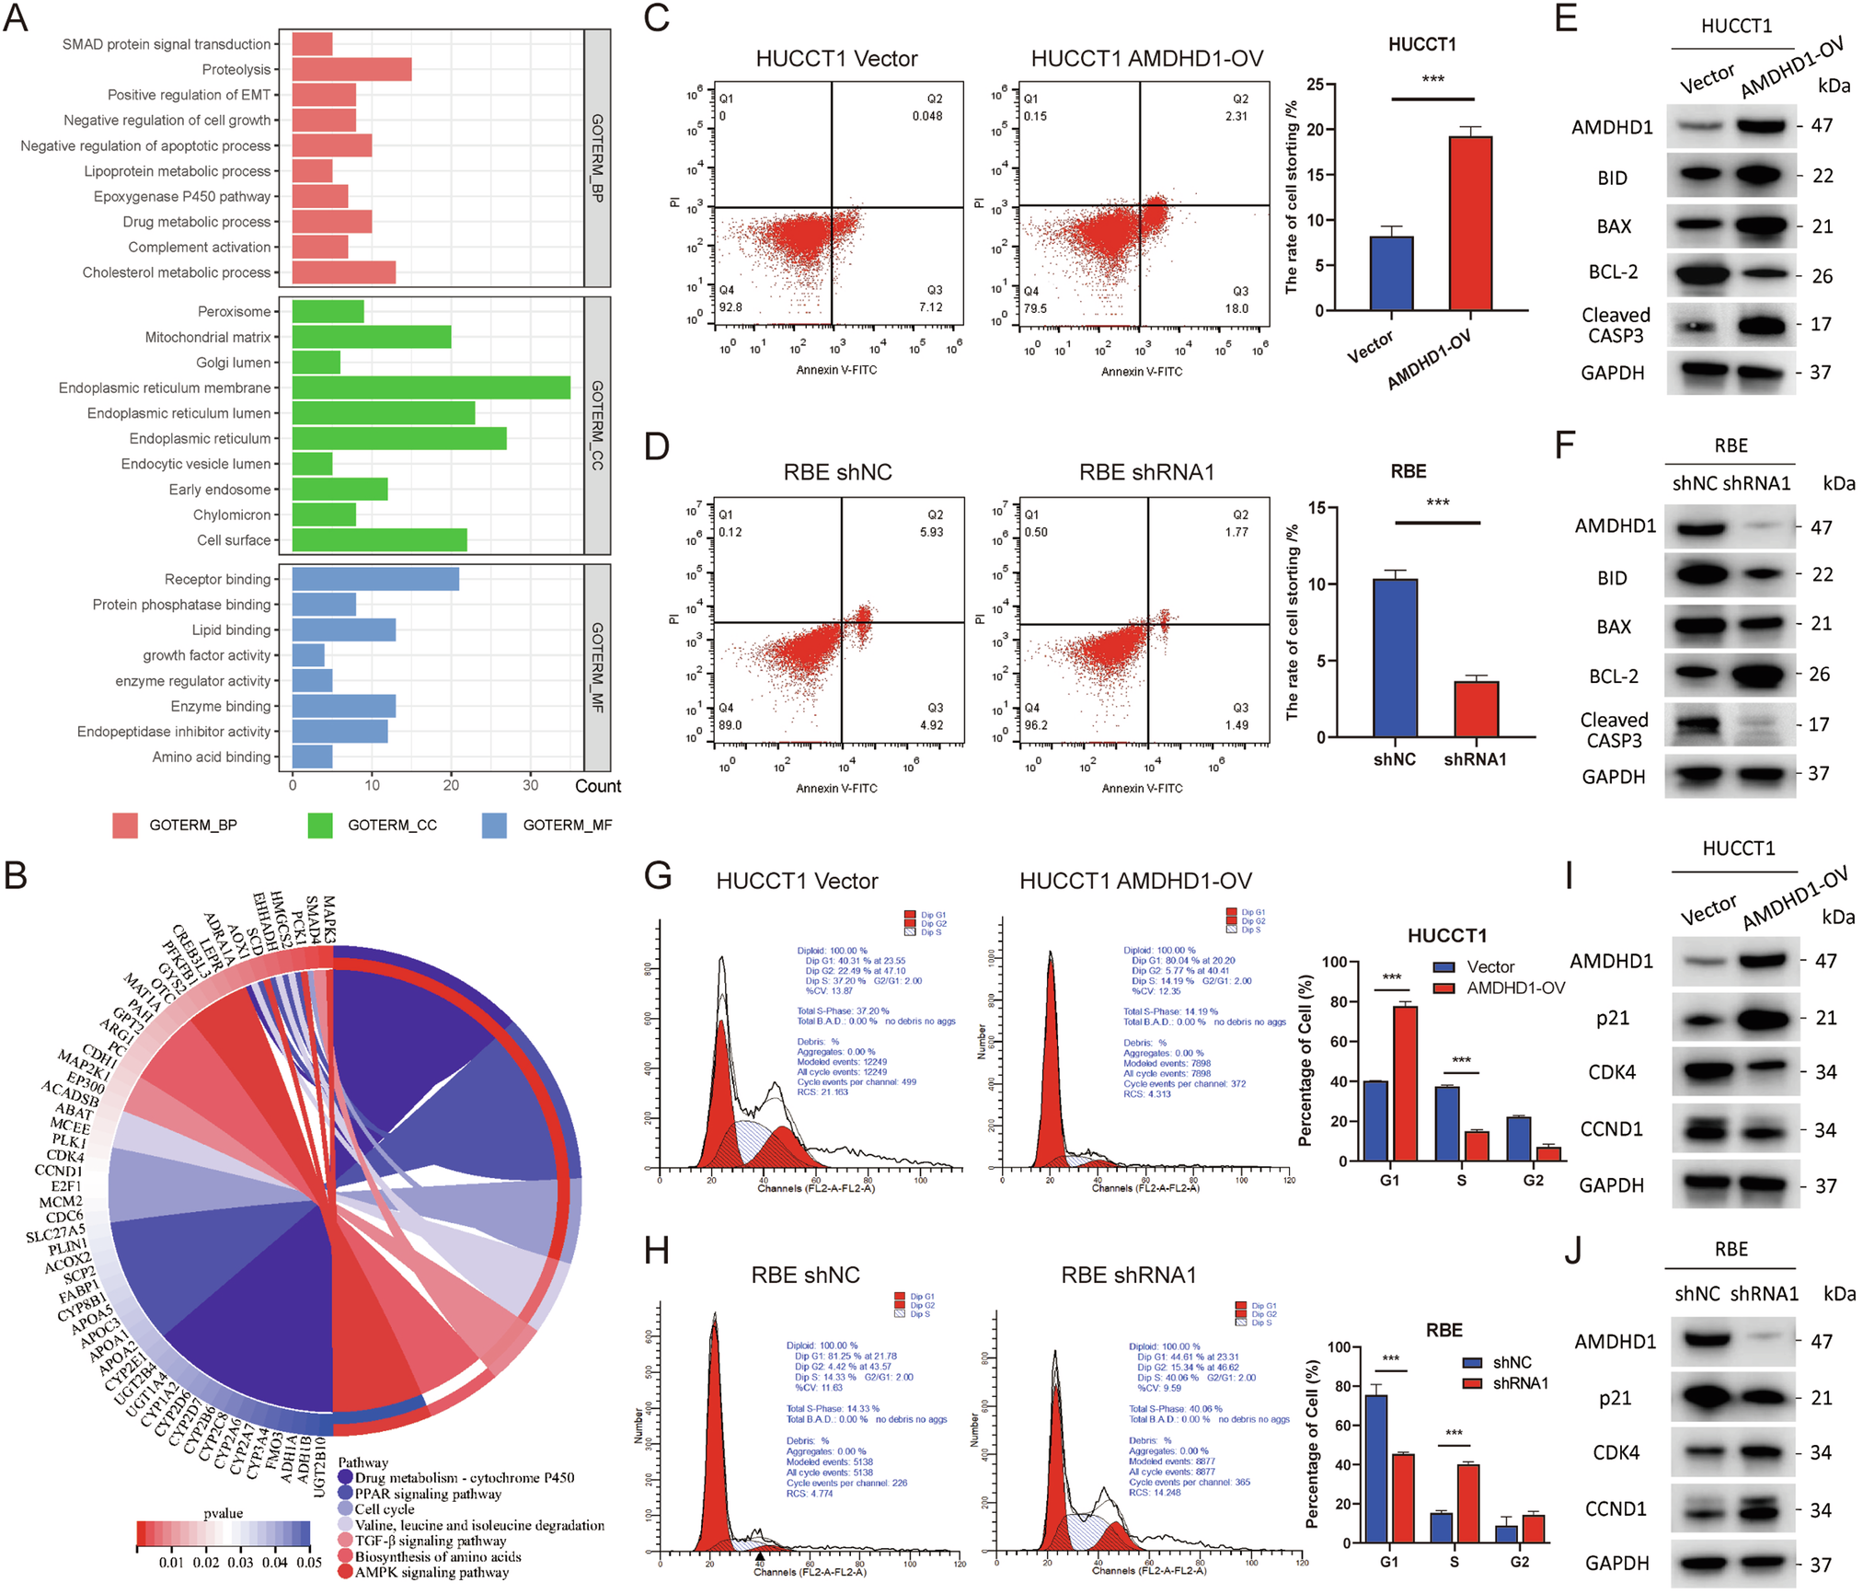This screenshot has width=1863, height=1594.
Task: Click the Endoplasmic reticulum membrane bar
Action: point(431,387)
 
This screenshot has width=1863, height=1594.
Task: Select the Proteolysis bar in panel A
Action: point(351,69)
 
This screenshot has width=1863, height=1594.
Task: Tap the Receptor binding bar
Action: point(375,579)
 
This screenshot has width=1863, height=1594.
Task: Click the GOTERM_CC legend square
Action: point(320,825)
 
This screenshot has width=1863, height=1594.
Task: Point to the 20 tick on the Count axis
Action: point(451,785)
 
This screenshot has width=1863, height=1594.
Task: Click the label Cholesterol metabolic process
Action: point(177,272)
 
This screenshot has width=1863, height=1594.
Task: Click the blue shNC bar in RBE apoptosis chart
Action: point(1395,657)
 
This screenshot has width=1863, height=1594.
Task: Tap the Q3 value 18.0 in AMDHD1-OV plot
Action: point(1236,308)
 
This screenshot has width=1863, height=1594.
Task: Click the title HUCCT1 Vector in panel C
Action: point(836,59)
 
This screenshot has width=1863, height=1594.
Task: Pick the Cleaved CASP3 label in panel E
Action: point(1616,325)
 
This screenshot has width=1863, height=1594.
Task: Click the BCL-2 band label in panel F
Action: point(1614,676)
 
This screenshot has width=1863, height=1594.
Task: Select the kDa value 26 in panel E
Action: point(1822,275)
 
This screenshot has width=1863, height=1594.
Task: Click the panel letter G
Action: point(658,875)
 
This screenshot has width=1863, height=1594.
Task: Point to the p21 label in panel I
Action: point(1613,1018)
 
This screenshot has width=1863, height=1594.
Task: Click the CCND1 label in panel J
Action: point(1616,1508)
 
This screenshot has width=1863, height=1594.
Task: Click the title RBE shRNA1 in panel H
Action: point(1128,1275)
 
